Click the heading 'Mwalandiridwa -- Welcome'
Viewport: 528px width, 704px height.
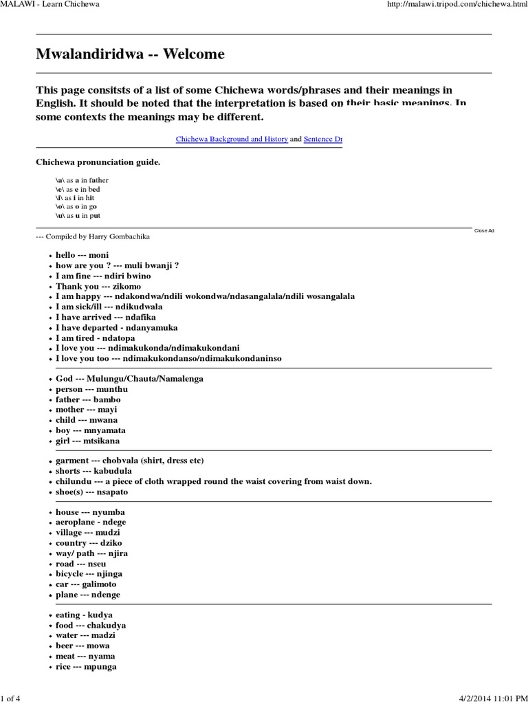[130, 54]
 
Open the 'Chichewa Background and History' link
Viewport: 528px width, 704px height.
[232, 139]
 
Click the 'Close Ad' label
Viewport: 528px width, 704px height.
[484, 230]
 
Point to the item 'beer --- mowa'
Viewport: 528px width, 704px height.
[82, 646]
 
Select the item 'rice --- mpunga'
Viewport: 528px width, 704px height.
[86, 667]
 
